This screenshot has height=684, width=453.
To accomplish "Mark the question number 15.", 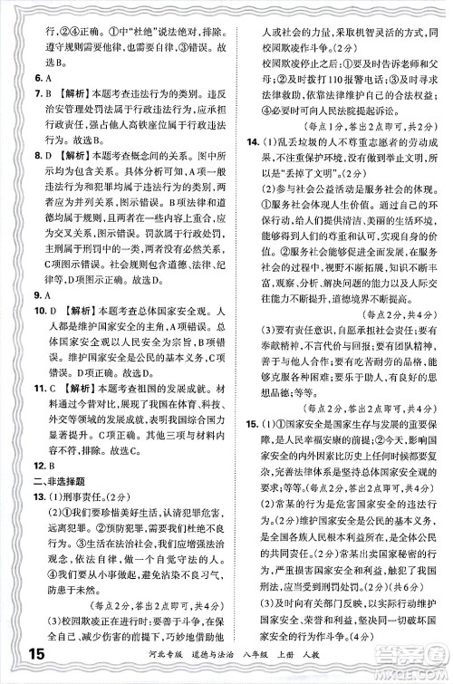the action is coord(249,423).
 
